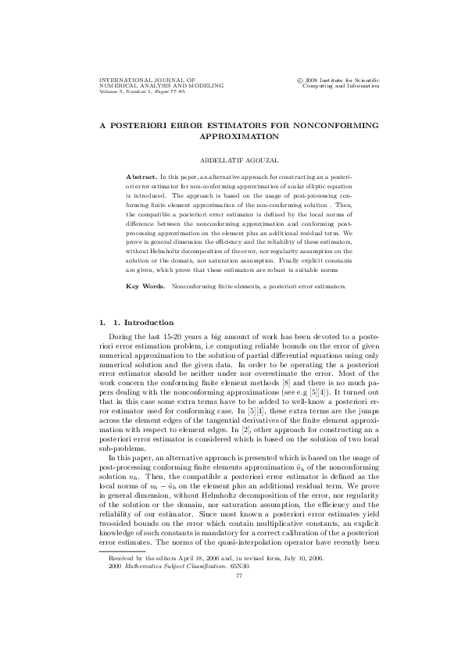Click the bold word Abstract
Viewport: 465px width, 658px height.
(141, 177)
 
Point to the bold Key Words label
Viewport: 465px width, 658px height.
(145, 286)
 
